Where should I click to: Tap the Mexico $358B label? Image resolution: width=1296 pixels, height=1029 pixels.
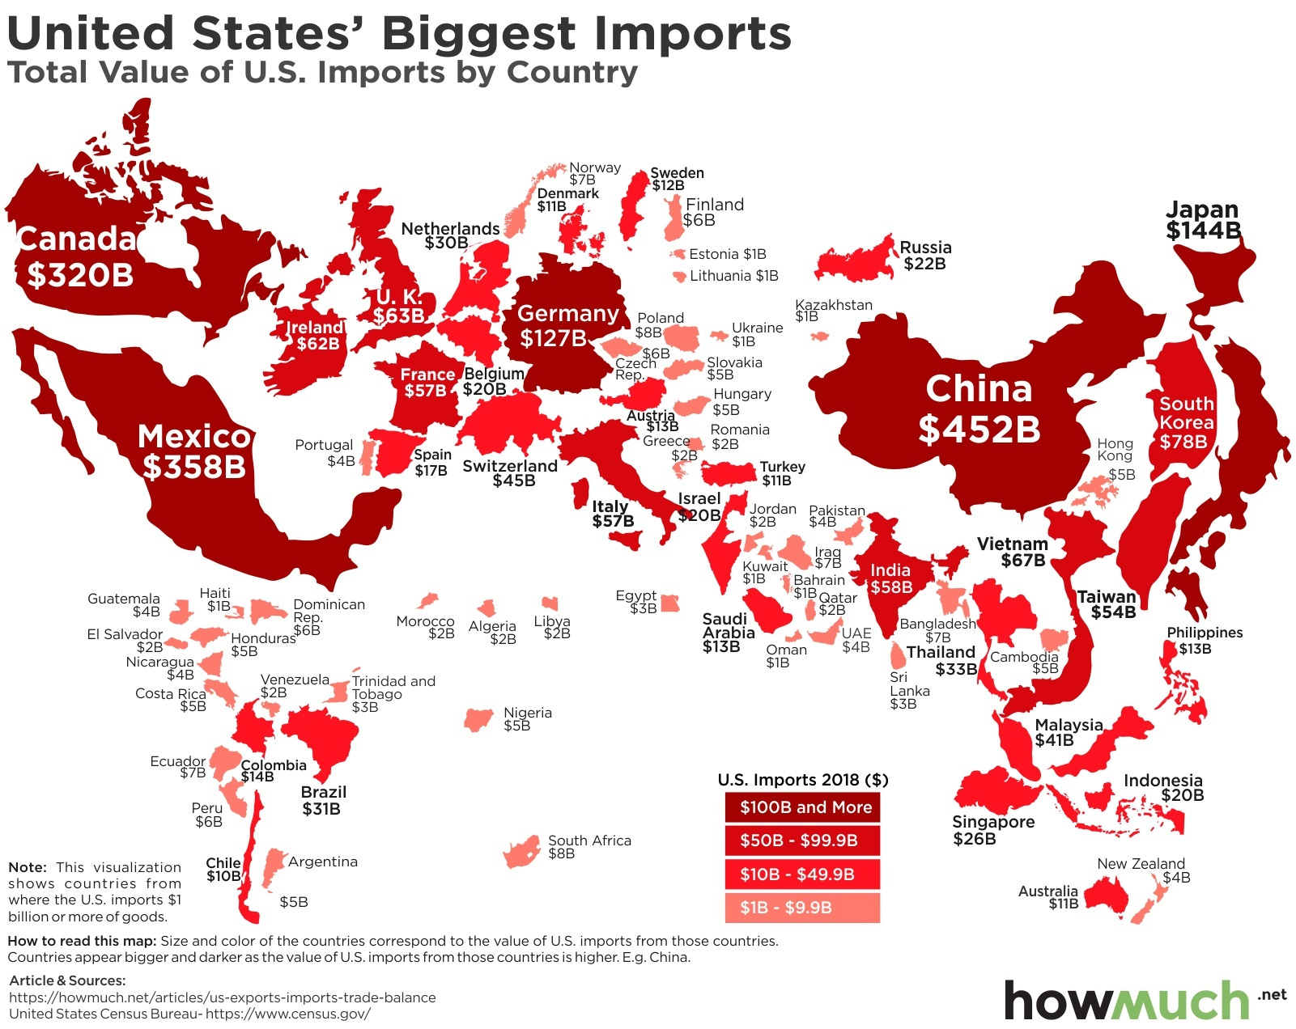click(194, 452)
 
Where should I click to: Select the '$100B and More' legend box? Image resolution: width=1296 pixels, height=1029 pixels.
click(802, 807)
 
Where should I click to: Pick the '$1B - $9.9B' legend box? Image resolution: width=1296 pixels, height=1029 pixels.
click(802, 908)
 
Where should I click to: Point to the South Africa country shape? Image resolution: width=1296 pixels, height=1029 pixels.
click(521, 852)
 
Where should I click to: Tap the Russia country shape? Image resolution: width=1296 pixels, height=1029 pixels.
click(855, 259)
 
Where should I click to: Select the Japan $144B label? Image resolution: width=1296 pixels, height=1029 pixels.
click(1203, 220)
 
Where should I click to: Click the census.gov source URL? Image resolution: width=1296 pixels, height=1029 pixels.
click(287, 1014)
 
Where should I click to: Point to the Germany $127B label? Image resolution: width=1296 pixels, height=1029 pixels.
click(567, 325)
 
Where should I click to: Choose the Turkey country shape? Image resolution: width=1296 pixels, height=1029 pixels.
click(728, 472)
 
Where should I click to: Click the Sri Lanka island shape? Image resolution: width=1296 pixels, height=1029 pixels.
click(898, 654)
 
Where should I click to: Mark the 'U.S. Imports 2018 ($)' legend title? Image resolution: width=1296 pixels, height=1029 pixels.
click(802, 780)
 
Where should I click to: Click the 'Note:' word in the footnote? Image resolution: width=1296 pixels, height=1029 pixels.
click(27, 867)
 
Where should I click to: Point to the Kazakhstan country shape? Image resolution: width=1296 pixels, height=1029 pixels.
click(820, 336)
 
